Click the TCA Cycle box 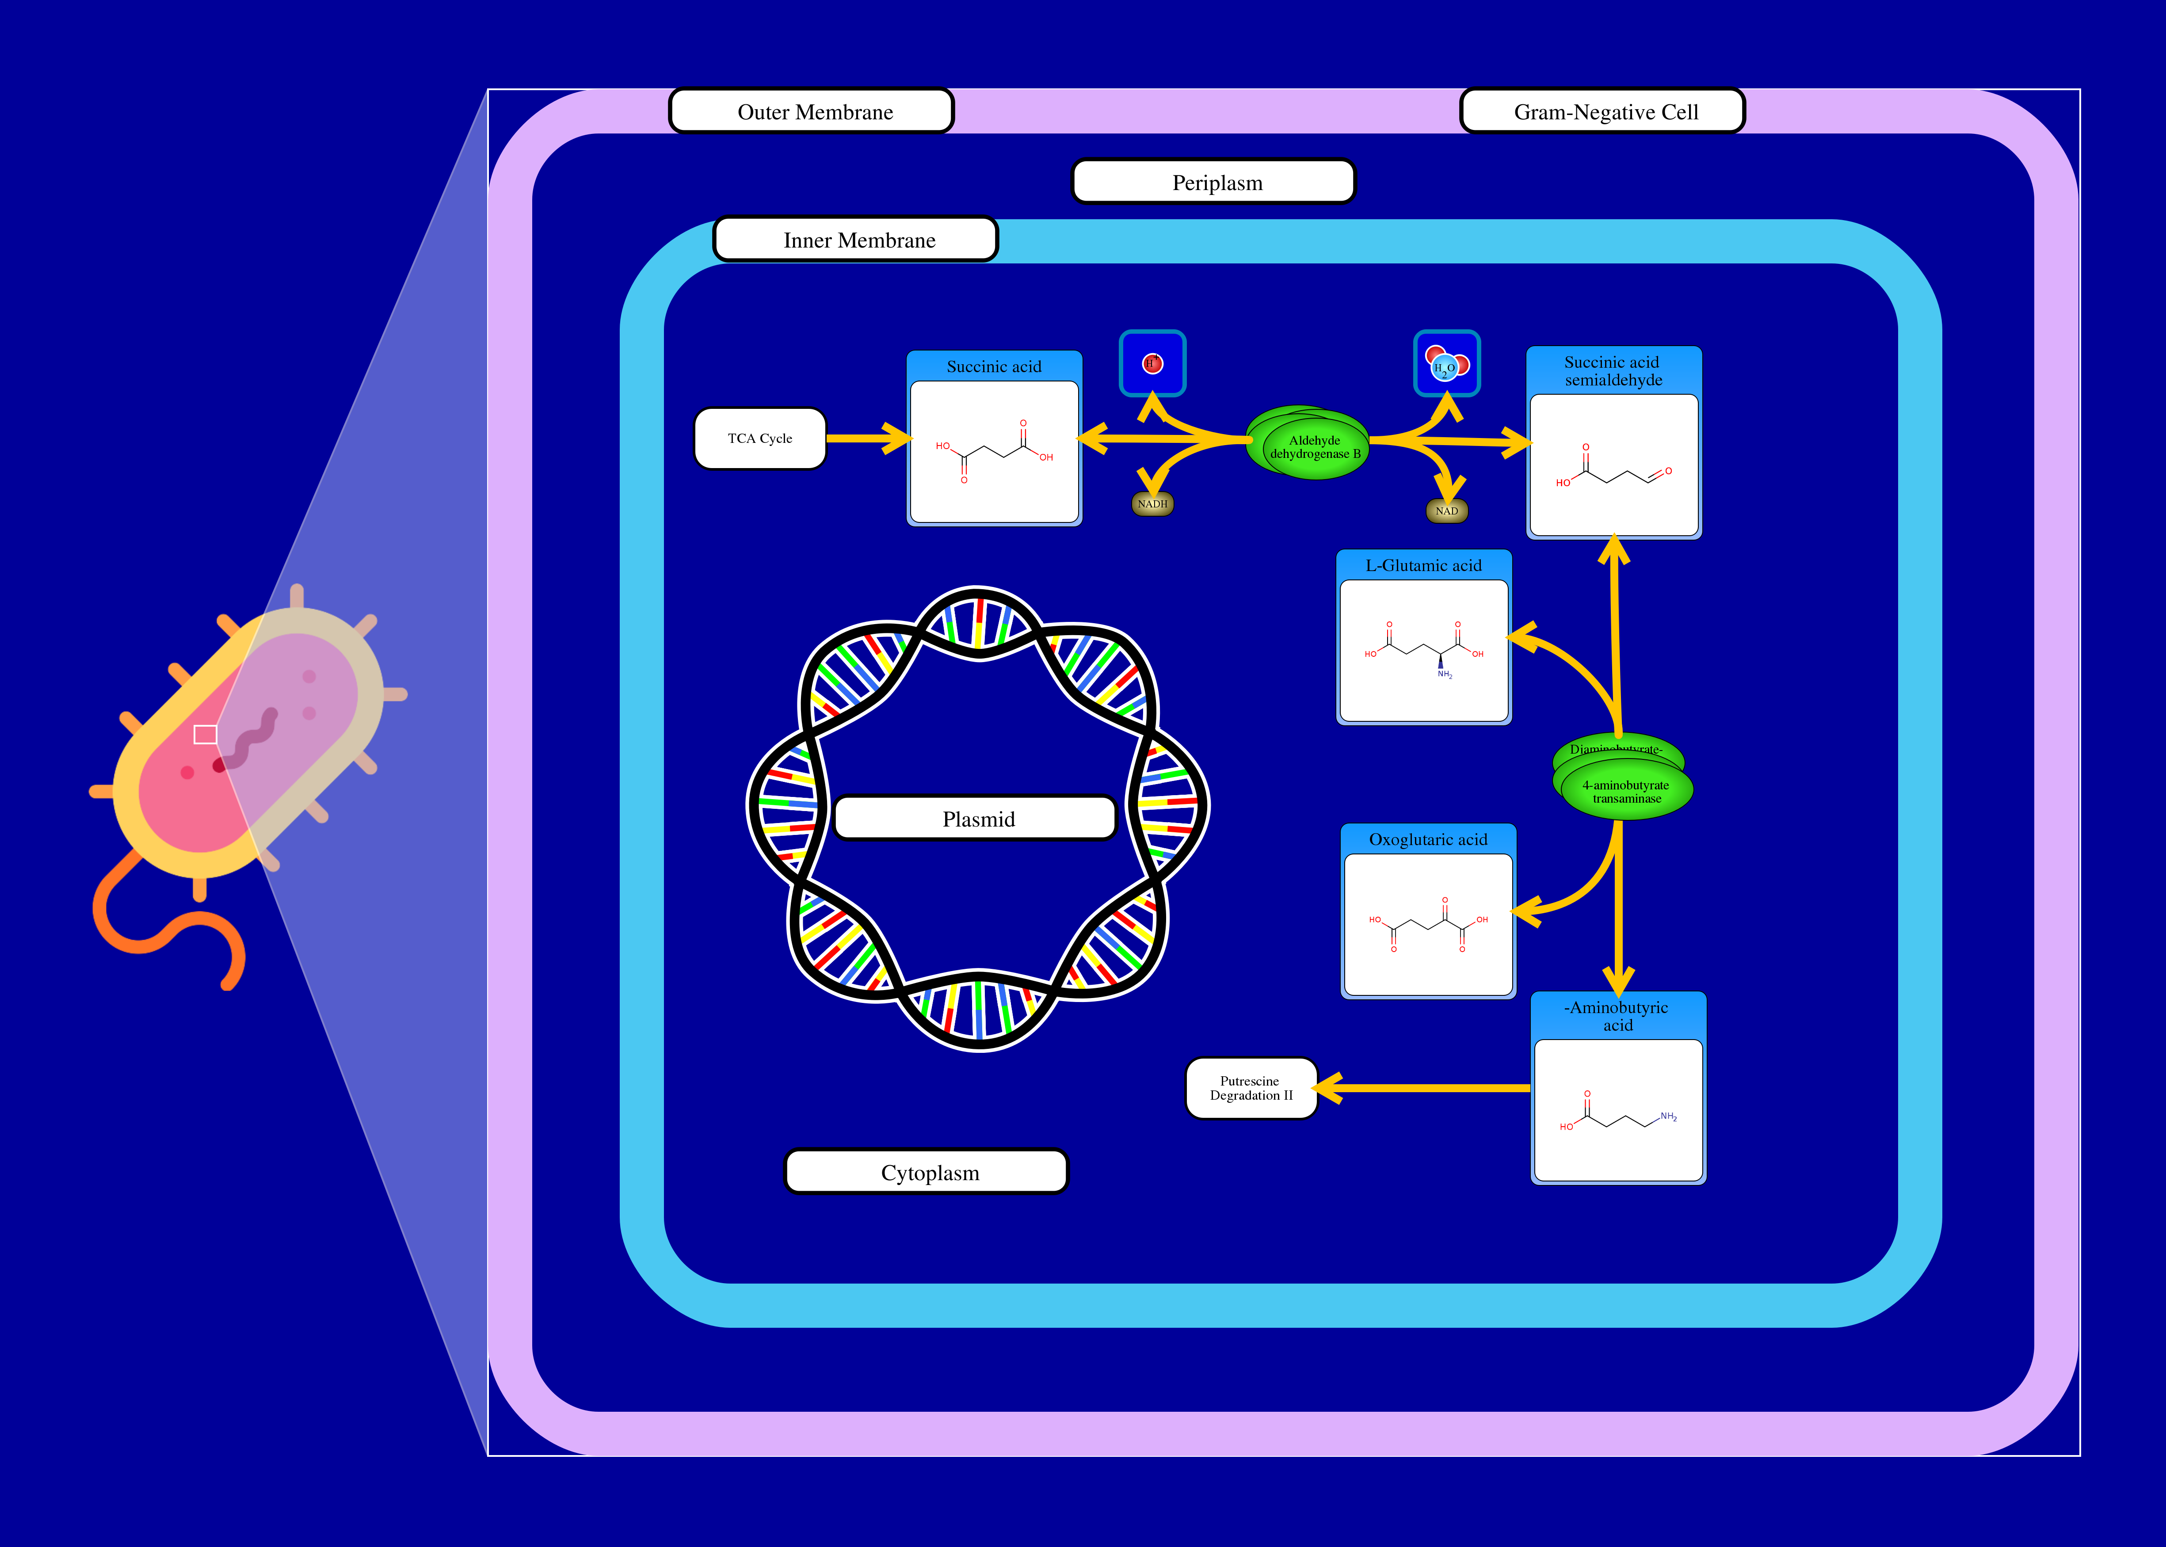(759, 438)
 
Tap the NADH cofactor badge (1152, 503)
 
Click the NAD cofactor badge (1446, 511)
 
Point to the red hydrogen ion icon (1152, 363)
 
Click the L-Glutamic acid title (1423, 565)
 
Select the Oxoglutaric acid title (1427, 839)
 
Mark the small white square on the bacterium (205, 735)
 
